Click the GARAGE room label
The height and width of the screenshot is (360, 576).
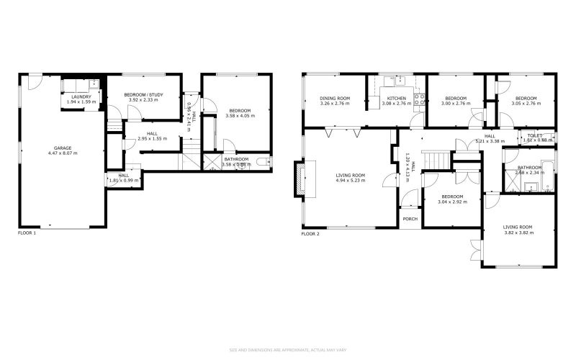[x=62, y=148]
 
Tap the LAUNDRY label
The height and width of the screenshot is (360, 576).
[x=80, y=96]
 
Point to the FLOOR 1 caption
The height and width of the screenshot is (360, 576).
[x=27, y=233]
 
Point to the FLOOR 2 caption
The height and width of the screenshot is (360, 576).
[x=310, y=234]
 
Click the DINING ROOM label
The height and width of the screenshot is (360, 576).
[x=335, y=98]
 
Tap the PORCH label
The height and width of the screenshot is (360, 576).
[x=410, y=219]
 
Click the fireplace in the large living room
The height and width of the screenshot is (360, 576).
[x=298, y=179]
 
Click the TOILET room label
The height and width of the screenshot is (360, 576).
[x=534, y=135]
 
